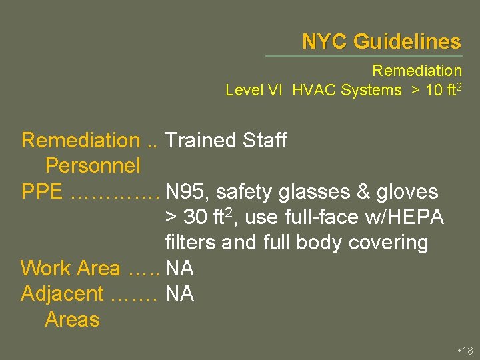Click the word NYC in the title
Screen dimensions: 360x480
325,42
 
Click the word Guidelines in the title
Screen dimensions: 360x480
407,42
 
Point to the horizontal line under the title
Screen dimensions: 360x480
363,56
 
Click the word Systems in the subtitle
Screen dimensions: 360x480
371,90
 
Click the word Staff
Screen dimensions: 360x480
265,141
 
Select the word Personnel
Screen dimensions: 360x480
93,166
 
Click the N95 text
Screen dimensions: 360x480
187,192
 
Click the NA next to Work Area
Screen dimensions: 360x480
179,269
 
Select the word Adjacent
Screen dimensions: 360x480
63,294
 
